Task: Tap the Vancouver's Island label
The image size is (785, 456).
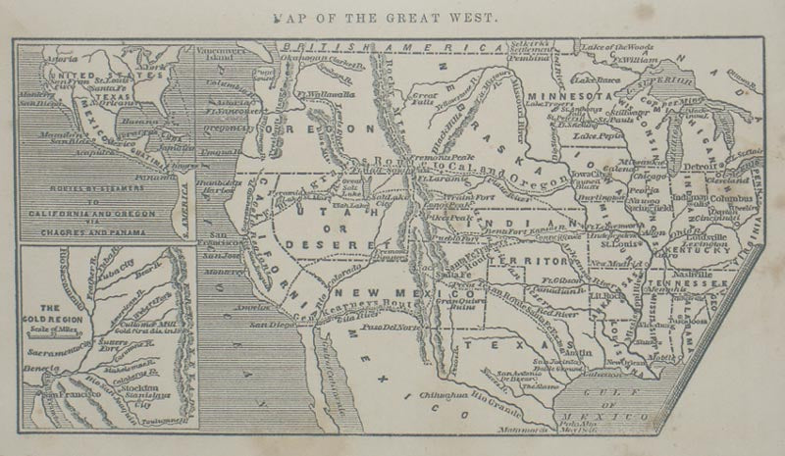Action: click(225, 54)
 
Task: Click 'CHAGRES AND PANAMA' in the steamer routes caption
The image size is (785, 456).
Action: click(97, 233)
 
